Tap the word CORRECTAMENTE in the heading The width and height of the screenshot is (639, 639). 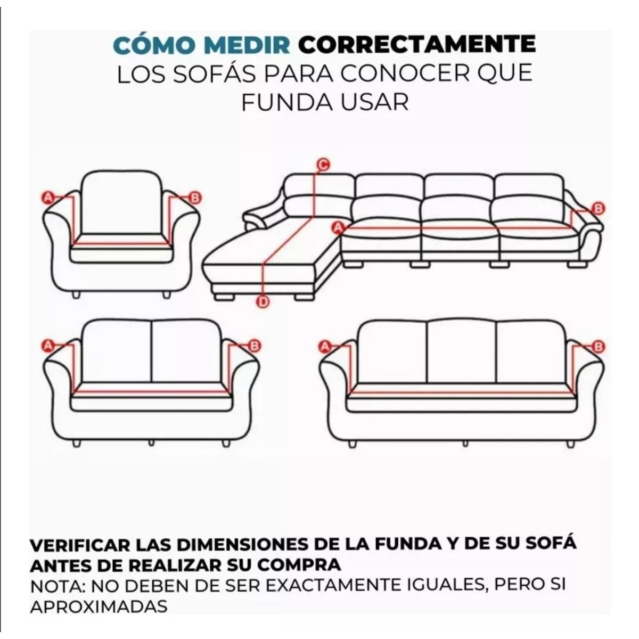click(x=416, y=45)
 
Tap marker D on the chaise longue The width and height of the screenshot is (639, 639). click(x=263, y=302)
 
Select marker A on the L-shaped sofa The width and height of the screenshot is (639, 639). click(x=337, y=228)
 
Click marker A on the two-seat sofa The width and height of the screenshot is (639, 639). click(x=48, y=346)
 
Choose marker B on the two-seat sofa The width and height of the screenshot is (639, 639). click(x=254, y=346)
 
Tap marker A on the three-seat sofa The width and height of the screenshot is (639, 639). click(x=325, y=347)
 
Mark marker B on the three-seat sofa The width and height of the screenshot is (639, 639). click(x=599, y=347)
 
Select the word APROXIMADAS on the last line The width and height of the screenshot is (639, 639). click(x=99, y=606)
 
